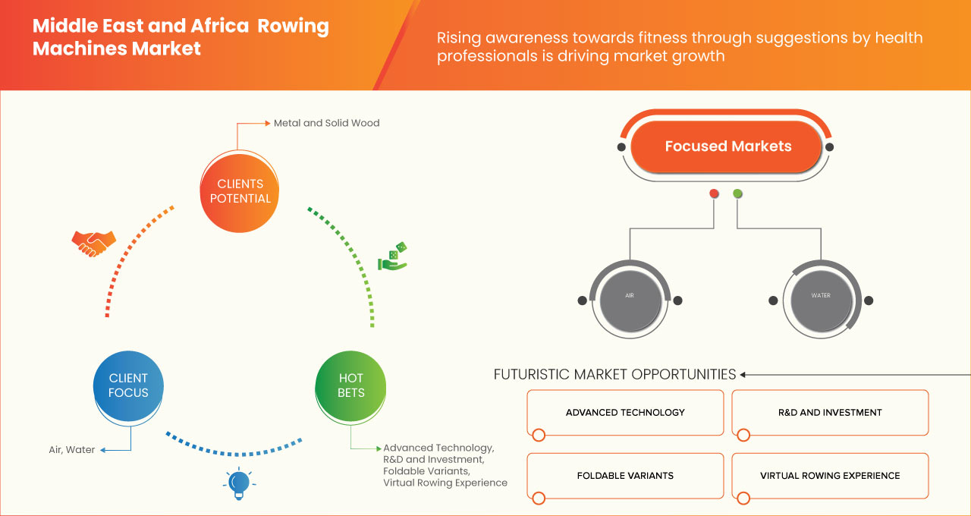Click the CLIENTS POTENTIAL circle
click(240, 191)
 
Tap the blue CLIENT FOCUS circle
click(128, 385)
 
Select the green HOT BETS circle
click(350, 385)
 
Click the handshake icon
click(93, 243)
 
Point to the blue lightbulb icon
click(239, 483)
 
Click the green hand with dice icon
click(393, 257)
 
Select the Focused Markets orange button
click(727, 146)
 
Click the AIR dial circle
click(630, 296)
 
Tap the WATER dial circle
click(821, 296)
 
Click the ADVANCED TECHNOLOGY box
click(625, 413)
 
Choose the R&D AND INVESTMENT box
click(830, 413)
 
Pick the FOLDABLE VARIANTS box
click(625, 476)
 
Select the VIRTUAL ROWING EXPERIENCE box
click(830, 476)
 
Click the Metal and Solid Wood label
click(326, 123)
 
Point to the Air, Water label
click(72, 450)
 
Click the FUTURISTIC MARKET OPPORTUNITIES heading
click(614, 374)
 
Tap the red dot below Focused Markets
click(714, 194)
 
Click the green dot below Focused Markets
click(737, 194)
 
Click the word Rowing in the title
click(293, 27)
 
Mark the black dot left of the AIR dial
click(582, 300)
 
